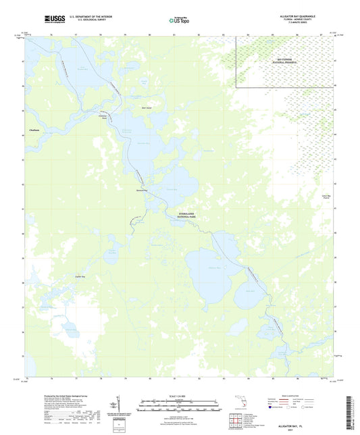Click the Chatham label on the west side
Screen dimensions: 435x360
click(34, 130)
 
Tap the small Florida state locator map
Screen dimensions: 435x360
click(243, 404)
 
